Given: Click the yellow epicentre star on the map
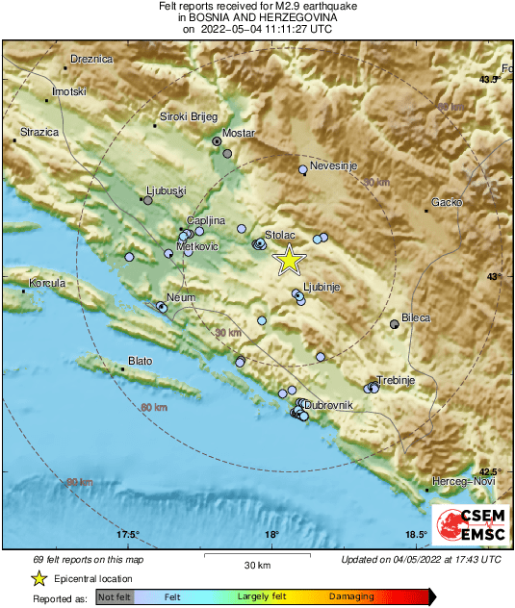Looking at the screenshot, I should click(289, 260).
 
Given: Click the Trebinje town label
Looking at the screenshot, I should click(395, 380).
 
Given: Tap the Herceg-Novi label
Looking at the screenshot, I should click(458, 480).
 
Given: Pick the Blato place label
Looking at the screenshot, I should click(140, 363).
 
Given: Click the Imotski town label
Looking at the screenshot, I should click(69, 91).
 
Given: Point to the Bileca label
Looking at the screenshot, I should click(416, 317).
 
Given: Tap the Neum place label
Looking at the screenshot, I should click(181, 297).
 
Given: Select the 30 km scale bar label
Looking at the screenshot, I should click(256, 564).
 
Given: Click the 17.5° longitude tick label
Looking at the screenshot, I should click(128, 535).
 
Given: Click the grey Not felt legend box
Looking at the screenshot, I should click(115, 597).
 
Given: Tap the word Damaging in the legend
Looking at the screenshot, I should click(352, 597).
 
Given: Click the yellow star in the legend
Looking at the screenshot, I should click(39, 578).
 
